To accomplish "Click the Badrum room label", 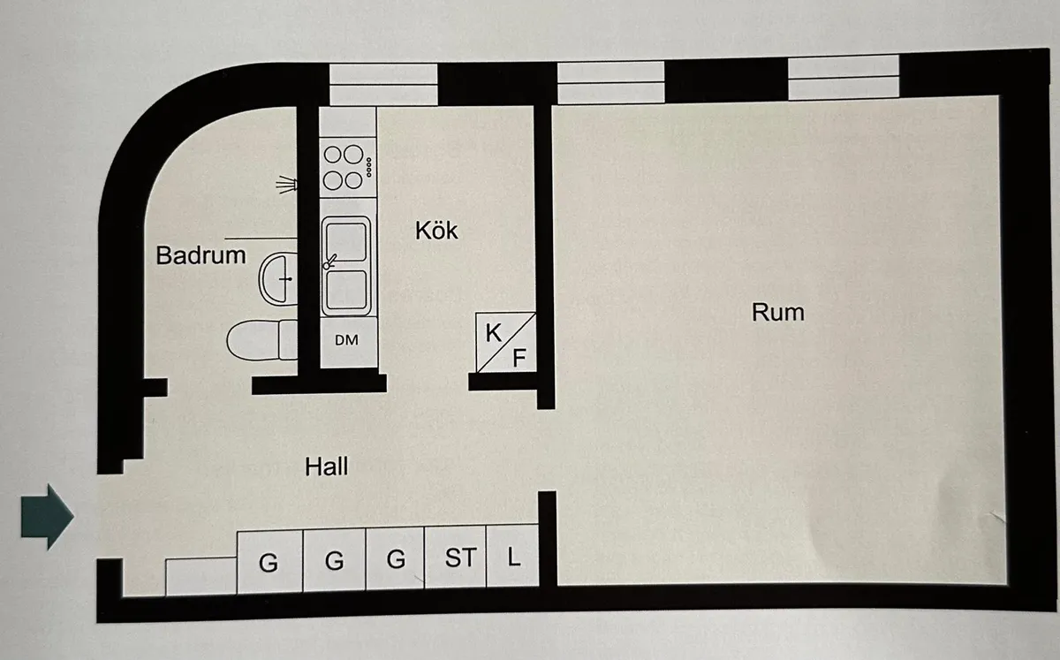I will click(x=201, y=256).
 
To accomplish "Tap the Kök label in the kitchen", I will click(x=437, y=230).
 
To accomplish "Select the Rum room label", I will click(x=778, y=312).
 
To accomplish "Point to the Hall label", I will click(x=327, y=467).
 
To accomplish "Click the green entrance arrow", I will click(x=46, y=516).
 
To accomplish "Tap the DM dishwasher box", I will click(x=347, y=340).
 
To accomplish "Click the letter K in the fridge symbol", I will click(x=493, y=333).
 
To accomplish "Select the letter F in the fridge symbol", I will click(x=519, y=358).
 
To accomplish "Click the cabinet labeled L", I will click(x=514, y=558).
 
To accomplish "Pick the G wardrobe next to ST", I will click(x=395, y=558).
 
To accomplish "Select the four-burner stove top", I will click(x=345, y=166).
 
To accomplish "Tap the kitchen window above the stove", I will click(x=383, y=84).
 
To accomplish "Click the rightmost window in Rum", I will click(x=843, y=77).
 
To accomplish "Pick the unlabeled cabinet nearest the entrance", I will click(x=201, y=576).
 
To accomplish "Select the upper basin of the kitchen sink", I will click(x=345, y=240).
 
